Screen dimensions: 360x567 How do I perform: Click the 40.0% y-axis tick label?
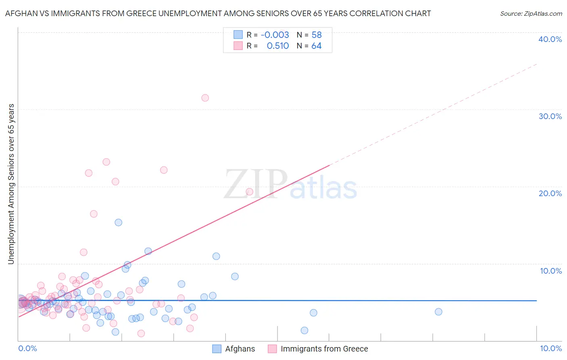[550, 39]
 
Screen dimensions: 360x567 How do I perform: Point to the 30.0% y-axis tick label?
[550, 116]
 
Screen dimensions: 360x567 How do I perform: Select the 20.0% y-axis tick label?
[550, 193]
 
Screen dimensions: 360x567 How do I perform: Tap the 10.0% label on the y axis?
[550, 271]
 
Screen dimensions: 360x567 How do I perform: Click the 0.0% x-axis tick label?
[27, 348]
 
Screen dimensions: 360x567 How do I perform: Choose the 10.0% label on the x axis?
[550, 348]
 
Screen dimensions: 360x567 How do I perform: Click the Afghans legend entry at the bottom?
[240, 349]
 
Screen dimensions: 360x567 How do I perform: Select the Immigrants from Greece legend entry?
[324, 349]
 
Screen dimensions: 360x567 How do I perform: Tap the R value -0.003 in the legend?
[275, 35]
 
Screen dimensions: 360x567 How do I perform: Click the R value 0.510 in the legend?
[278, 46]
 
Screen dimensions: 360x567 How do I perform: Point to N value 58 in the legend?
[317, 35]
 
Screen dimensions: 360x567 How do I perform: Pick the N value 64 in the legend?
[317, 46]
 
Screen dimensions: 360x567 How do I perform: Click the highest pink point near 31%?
[205, 98]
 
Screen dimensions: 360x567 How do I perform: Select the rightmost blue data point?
[438, 312]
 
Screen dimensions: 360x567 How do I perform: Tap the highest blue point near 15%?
[118, 222]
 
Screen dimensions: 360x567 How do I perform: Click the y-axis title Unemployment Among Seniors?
[11, 184]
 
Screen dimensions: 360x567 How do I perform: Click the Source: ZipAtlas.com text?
[531, 14]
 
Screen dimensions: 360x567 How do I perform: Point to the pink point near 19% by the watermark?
[249, 192]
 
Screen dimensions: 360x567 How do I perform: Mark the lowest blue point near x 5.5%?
[304, 331]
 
